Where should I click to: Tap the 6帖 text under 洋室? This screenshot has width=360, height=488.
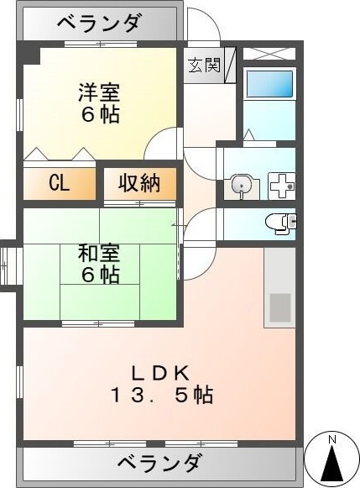pyautogui.click(x=100, y=114)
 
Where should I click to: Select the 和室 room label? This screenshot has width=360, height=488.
pyautogui.click(x=100, y=252)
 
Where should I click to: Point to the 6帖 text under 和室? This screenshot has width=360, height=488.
pyautogui.click(x=100, y=275)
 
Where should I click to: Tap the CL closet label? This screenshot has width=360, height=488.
pyautogui.click(x=59, y=184)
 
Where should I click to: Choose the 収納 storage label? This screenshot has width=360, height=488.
pyautogui.click(x=138, y=184)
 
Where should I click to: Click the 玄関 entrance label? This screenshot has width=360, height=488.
pyautogui.click(x=204, y=66)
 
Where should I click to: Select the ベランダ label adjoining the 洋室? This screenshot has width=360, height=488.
pyautogui.click(x=99, y=24)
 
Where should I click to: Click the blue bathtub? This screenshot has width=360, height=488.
pyautogui.click(x=269, y=84)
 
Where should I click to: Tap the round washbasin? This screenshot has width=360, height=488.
pyautogui.click(x=242, y=185)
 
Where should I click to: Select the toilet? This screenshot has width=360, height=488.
pyautogui.click(x=278, y=222)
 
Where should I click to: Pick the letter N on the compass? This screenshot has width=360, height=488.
pyautogui.click(x=331, y=440)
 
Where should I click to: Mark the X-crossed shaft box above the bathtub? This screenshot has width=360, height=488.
pyautogui.click(x=269, y=54)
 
